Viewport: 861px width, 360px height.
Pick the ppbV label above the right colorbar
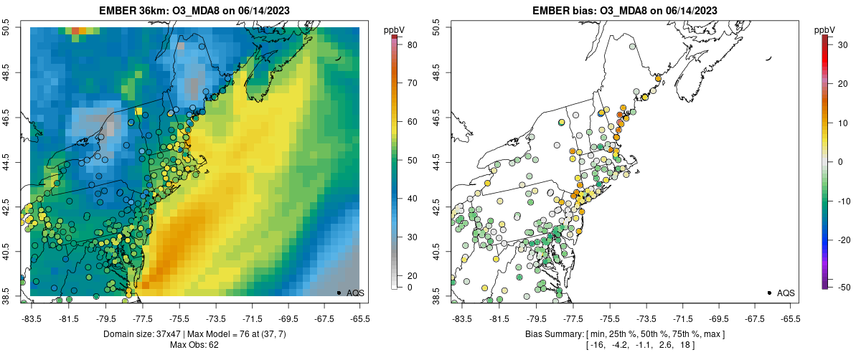[x=825, y=29]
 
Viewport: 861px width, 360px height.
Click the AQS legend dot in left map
[x=338, y=293]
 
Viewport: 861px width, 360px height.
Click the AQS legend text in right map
[x=786, y=293]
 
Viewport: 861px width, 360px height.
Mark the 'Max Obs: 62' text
[x=194, y=345]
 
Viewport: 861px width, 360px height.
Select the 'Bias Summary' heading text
[x=555, y=334]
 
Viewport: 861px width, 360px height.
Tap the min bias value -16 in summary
[x=597, y=346]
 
